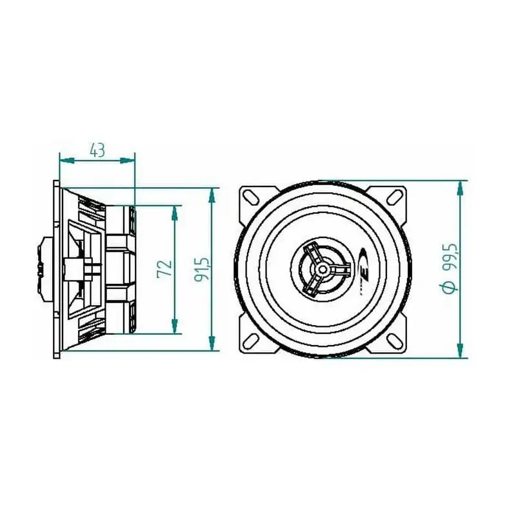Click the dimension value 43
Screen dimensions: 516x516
97,150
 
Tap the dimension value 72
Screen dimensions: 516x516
164,269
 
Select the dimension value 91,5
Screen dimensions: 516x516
201,269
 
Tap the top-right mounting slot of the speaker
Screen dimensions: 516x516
394,197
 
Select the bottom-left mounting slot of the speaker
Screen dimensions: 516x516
252,341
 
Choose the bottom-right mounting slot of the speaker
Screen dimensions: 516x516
393,341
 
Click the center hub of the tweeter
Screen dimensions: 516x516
323,269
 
